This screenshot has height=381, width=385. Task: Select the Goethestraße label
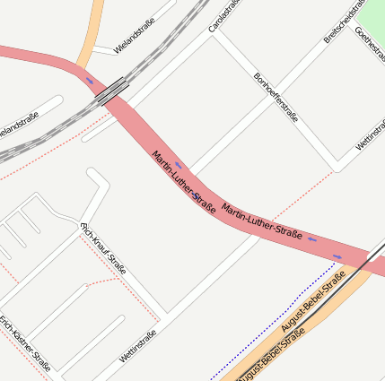pyautogui.click(x=370, y=46)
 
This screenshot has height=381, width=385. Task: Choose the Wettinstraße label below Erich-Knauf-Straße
pyautogui.click(x=137, y=346)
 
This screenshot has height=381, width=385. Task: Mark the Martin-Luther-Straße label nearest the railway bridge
pyautogui.click(x=184, y=183)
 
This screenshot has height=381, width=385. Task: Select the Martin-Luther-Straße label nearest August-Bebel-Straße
pyautogui.click(x=261, y=221)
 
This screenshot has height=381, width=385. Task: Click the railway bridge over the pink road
pyautogui.click(x=112, y=89)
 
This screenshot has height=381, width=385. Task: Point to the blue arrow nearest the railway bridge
pyautogui.click(x=89, y=82)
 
